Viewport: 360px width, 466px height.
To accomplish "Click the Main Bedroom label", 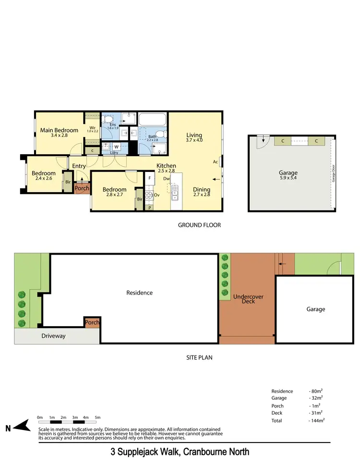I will (x=59, y=130).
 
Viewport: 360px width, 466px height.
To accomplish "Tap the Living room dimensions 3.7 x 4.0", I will (x=194, y=140).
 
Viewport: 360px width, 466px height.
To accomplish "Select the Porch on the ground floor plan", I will (x=82, y=188).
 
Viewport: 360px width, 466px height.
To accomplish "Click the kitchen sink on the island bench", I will (x=175, y=195).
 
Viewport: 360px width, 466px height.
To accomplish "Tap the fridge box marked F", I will (x=150, y=178).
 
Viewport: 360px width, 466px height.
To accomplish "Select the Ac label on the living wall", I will (x=216, y=162).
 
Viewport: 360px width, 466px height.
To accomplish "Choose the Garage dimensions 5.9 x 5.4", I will (x=288, y=179).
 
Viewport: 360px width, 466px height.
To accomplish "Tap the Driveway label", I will (x=53, y=335).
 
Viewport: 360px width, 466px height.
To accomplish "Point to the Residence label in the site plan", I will (x=140, y=293).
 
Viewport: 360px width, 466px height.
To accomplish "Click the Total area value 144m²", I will (x=317, y=420).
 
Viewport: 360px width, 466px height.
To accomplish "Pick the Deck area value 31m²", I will (x=316, y=413).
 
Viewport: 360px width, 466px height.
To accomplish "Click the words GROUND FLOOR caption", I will (x=199, y=225).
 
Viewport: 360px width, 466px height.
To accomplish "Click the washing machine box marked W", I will (x=116, y=147).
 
